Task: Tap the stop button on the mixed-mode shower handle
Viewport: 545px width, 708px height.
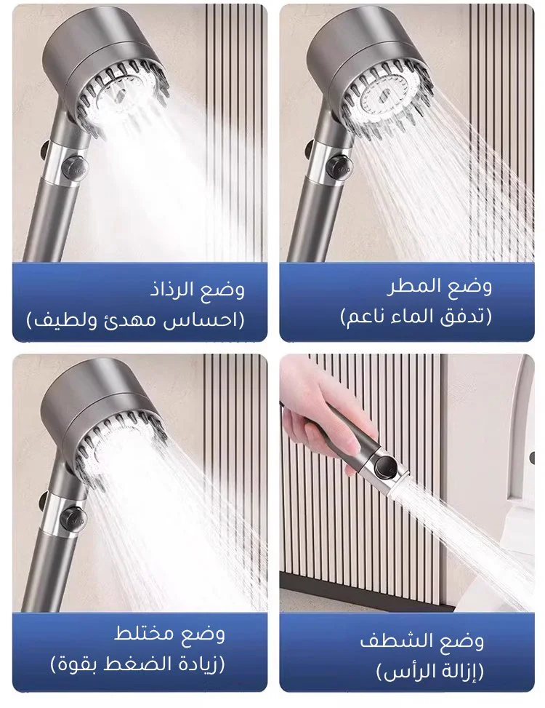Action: pyautogui.click(x=73, y=518)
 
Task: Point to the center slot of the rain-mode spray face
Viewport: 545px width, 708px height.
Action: pyautogui.click(x=384, y=96)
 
